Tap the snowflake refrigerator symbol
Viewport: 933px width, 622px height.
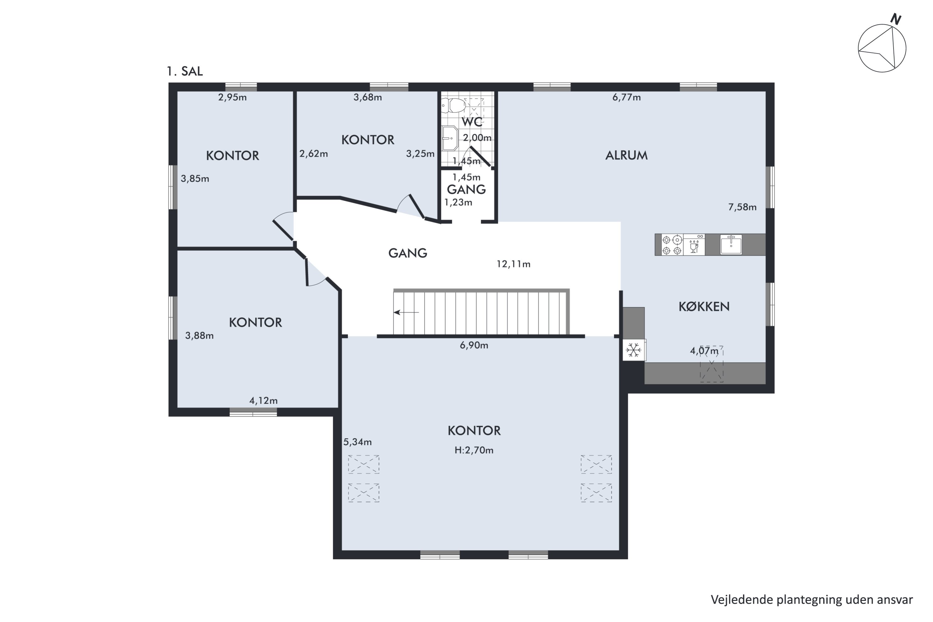[634, 350]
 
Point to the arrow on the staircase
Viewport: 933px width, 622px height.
[406, 313]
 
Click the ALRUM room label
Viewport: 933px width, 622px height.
[626, 155]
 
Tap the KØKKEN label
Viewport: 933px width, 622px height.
[704, 306]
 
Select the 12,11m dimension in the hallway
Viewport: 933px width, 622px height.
[513, 264]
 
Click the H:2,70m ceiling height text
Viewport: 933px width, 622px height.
[474, 450]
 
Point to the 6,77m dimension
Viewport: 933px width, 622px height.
[626, 97]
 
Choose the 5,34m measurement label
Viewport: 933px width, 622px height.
[357, 442]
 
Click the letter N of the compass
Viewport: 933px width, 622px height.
[895, 19]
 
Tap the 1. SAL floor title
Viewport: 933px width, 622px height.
[185, 72]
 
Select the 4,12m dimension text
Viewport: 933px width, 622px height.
[263, 401]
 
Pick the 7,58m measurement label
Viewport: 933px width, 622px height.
[742, 207]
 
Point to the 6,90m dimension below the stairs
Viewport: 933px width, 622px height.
[474, 345]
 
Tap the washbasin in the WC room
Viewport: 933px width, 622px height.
[450, 138]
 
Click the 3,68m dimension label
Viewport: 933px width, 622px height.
[368, 97]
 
